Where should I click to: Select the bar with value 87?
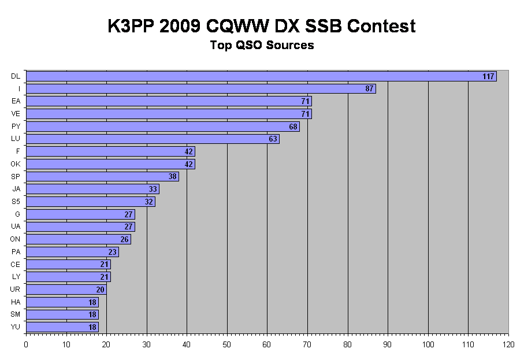tap(196, 88)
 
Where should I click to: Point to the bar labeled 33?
tap(87, 189)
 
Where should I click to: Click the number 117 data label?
tap(488, 76)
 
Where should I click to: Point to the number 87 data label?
tap(369, 88)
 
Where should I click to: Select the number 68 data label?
tap(293, 127)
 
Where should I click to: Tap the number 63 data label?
tap(273, 139)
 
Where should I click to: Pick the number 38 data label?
tap(172, 177)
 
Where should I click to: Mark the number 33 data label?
tap(153, 189)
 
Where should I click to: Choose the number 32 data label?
tap(148, 202)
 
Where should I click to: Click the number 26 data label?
tap(124, 239)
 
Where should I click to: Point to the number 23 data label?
tap(112, 252)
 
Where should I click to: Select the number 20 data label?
tap(100, 290)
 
